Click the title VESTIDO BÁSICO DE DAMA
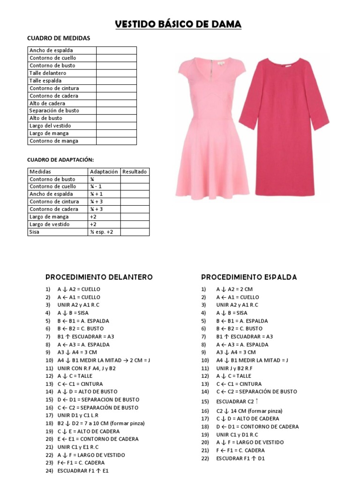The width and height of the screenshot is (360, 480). click(x=179, y=24)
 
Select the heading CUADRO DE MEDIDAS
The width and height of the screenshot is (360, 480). click(x=59, y=38)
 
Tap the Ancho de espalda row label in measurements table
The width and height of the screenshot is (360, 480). click(x=51, y=50)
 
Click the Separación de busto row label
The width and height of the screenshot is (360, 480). click(x=54, y=111)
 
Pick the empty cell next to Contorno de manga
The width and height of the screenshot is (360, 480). click(x=116, y=141)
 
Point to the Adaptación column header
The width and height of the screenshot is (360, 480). click(x=104, y=172)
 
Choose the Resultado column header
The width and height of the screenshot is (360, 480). click(x=135, y=172)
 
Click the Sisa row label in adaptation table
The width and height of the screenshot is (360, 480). click(x=35, y=232)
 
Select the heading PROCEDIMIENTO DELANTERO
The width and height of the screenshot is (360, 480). click(x=99, y=277)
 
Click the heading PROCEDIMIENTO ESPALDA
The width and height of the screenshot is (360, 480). click(x=249, y=277)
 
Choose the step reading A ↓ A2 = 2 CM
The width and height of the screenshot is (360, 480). click(x=235, y=289)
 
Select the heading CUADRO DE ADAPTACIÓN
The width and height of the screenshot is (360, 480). click(x=63, y=160)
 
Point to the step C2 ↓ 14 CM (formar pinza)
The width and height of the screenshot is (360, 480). click(x=249, y=411)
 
